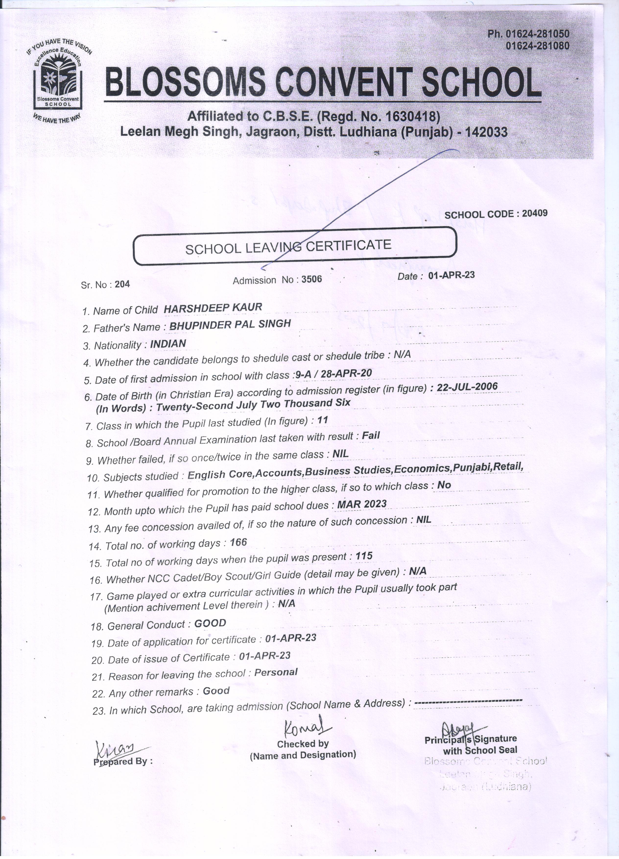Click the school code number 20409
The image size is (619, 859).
[535, 213]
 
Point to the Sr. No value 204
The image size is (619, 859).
[122, 284]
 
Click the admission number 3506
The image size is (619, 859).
[312, 279]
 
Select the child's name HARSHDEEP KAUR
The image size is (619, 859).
[213, 308]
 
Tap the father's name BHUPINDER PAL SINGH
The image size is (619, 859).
[230, 325]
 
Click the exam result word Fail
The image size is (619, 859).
[371, 436]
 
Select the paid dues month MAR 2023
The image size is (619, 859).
[362, 504]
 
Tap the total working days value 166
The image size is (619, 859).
[238, 542]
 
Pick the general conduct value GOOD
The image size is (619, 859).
[210, 623]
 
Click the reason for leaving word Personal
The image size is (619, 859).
[276, 672]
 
